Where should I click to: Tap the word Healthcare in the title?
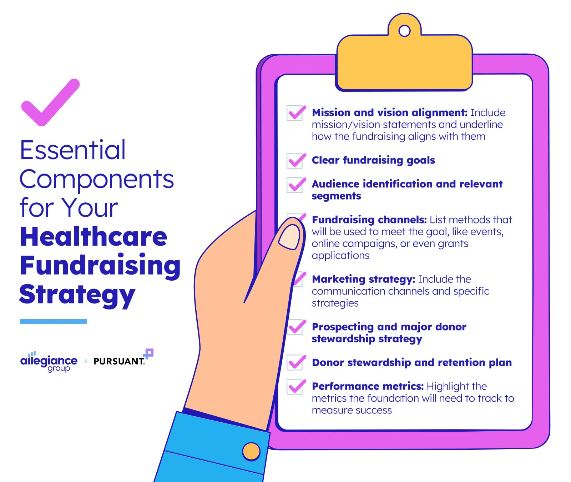(x=94, y=237)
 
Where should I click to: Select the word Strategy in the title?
(x=77, y=295)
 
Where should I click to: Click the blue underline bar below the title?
(x=53, y=321)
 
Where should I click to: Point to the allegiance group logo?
(x=49, y=361)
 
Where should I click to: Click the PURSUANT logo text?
(x=119, y=361)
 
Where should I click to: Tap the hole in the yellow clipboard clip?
(x=404, y=31)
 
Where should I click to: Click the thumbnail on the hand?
(x=289, y=237)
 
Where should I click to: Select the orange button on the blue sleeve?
(x=251, y=451)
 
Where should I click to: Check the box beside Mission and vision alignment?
(x=295, y=113)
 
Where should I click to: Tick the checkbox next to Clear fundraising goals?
(x=295, y=161)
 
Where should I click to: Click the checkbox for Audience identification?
(x=295, y=185)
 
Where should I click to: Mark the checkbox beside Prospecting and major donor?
(x=295, y=327)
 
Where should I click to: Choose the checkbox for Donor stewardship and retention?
(x=295, y=362)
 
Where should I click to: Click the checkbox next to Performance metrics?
(x=295, y=387)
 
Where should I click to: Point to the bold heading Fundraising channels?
(x=369, y=220)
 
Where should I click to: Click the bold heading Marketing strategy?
(x=363, y=279)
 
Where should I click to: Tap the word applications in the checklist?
(x=340, y=256)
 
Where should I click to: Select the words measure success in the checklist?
(x=352, y=410)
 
